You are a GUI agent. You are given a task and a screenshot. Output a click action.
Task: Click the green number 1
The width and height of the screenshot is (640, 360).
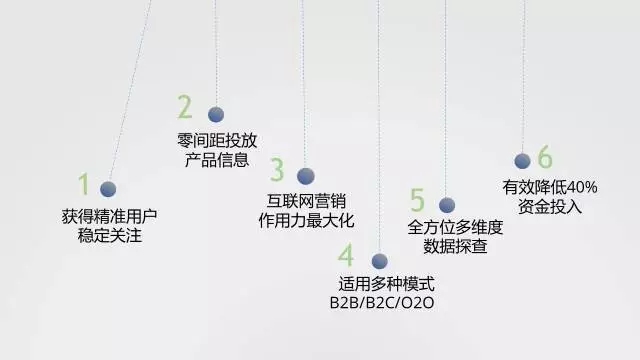pos(84,184)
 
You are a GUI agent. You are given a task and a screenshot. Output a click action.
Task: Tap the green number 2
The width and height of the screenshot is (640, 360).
pos(185,107)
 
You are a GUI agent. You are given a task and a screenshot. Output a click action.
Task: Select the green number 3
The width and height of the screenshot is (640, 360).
pos(277,169)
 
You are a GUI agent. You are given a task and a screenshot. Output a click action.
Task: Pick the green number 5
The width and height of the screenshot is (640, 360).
pos(417,200)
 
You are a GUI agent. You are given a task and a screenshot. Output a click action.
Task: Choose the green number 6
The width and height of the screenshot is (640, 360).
pos(544,157)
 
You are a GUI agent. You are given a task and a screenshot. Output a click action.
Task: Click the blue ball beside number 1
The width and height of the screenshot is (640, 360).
pos(108,188)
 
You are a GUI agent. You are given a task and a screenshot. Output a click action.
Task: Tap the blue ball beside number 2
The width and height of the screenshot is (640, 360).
pos(215,114)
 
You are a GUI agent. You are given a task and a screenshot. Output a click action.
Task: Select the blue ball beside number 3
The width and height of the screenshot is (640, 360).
pos(306,176)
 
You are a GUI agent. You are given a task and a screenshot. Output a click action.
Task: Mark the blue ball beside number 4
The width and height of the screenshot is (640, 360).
pos(379,261)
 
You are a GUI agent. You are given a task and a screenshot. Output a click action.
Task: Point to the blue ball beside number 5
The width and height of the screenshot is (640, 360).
pos(447,205)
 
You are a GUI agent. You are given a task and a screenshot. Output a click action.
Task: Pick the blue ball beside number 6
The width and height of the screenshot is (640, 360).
pos(521,161)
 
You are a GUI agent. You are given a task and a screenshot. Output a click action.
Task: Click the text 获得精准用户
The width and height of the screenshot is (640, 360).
pos(109,216)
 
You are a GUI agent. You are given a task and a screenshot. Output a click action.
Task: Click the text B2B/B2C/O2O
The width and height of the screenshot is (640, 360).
pos(385,303)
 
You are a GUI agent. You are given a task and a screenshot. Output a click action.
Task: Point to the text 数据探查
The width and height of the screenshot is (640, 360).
pos(455,246)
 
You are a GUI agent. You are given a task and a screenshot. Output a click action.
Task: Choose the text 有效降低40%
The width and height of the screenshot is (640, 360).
pos(549,187)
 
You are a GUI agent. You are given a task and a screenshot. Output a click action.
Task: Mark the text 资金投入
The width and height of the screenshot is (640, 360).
pos(550,207)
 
